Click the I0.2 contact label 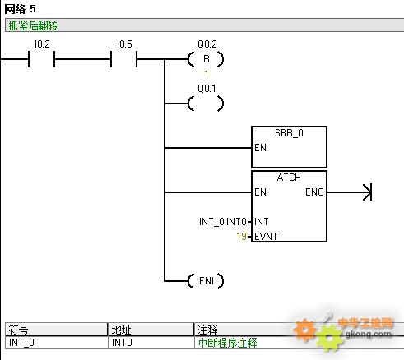tap(42, 44)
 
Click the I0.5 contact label tap(124, 44)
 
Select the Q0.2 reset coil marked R tap(206, 59)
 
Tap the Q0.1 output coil tap(206, 104)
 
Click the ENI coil tap(206, 281)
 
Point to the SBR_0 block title tap(289, 133)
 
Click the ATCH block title tap(289, 178)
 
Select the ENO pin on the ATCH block tap(314, 192)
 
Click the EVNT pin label tap(266, 236)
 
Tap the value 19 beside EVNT tap(241, 236)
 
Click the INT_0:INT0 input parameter tap(223, 222)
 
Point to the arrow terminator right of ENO tap(368, 192)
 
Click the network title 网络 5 tap(20, 9)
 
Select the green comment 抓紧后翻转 tap(33, 25)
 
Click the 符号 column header tap(18, 330)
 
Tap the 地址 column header tap(121, 330)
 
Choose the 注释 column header tap(207, 330)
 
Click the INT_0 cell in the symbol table tap(21, 343)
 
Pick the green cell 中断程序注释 tap(228, 343)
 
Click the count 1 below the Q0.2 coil tap(207, 74)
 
